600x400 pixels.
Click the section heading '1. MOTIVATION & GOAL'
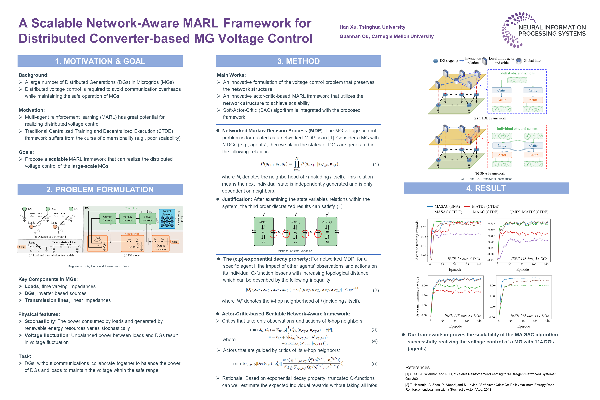pyautogui.click(x=100, y=61)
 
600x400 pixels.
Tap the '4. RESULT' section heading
pyautogui.click(x=486, y=188)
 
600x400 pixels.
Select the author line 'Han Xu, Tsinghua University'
pyautogui.click(x=372, y=27)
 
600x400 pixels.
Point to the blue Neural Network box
pyautogui.click(x=167, y=219)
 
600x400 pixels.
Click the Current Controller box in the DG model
pyautogui.click(x=108, y=218)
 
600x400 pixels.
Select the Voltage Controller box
pyautogui.click(x=128, y=218)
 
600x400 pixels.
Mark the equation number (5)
pyautogui.click(x=374, y=364)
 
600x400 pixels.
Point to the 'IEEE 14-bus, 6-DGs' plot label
pyautogui.click(x=464, y=259)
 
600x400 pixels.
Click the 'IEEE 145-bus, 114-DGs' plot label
pyautogui.click(x=529, y=316)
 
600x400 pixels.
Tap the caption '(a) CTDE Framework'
pyautogui.click(x=490, y=118)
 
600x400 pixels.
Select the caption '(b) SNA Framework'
pyautogui.click(x=490, y=173)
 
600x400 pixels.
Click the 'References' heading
pyautogui.click(x=417, y=367)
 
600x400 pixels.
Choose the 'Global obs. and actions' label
pyautogui.click(x=517, y=73)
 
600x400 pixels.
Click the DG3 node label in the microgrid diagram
pyautogui.click(x=77, y=209)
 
